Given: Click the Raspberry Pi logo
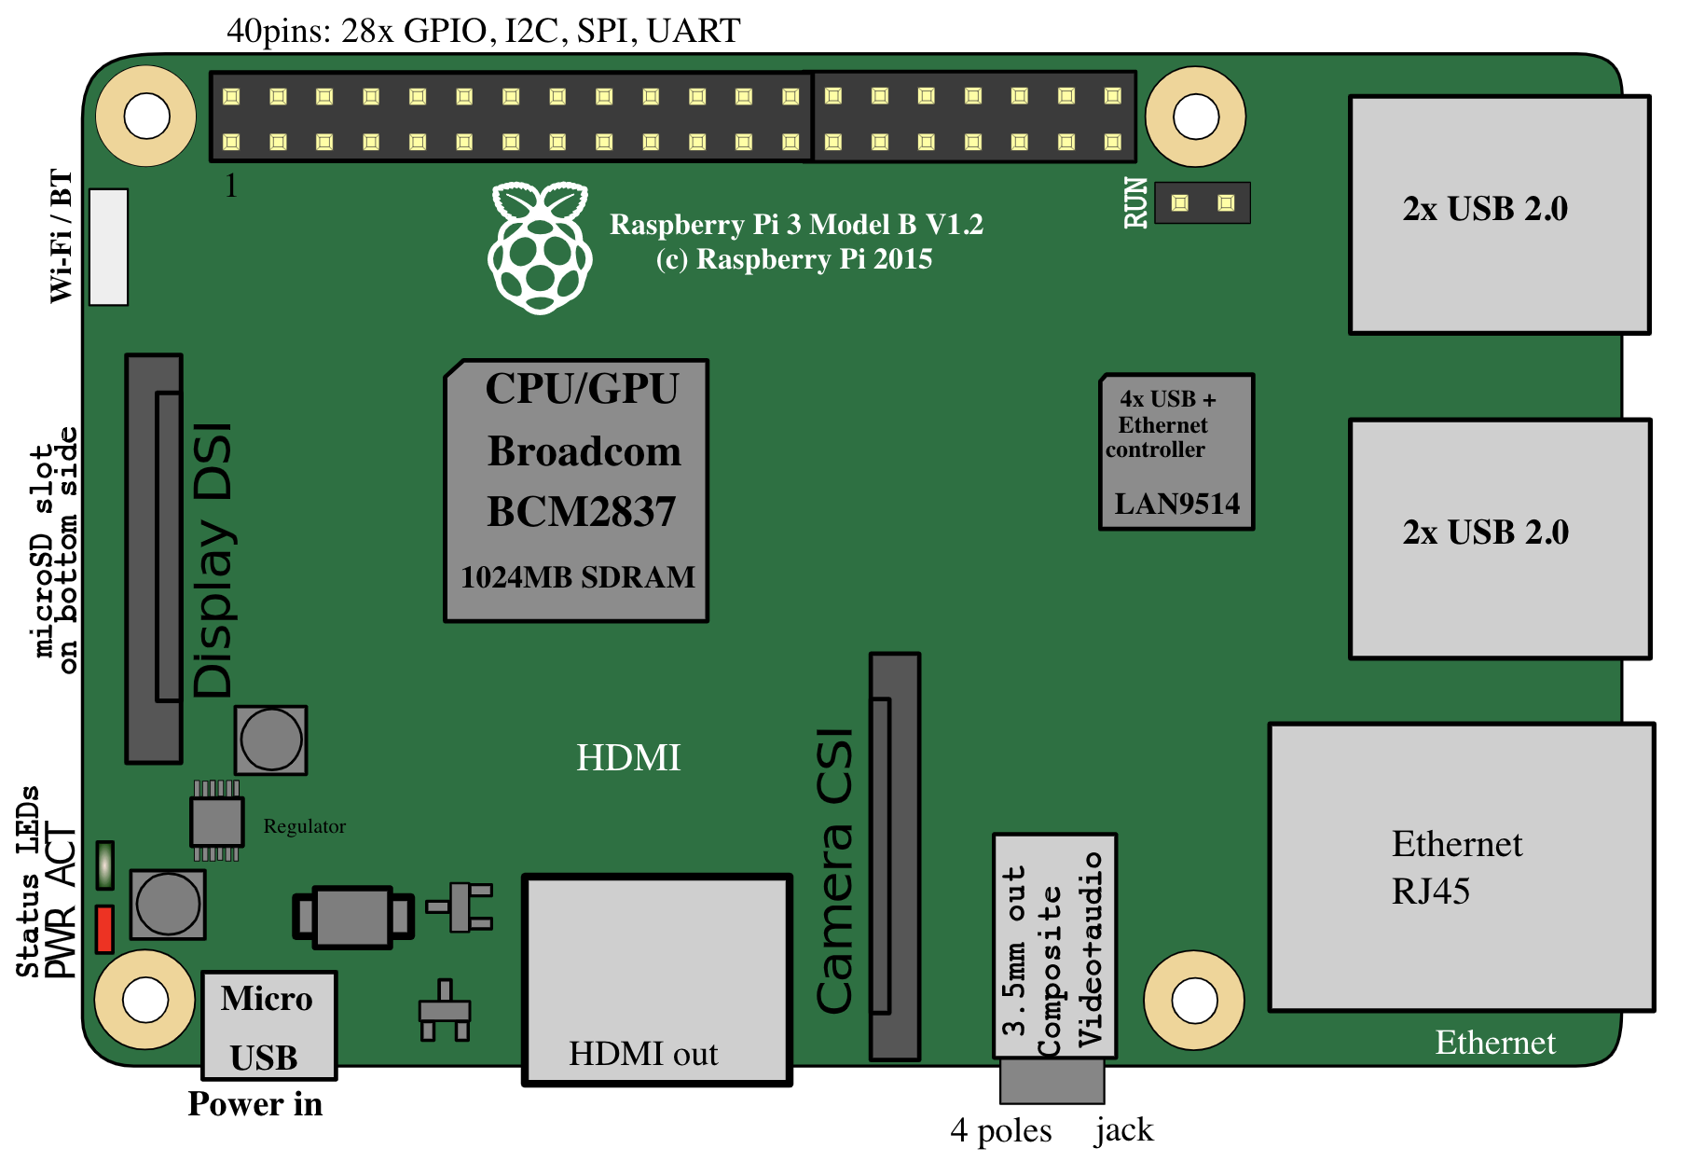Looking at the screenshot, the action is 540,247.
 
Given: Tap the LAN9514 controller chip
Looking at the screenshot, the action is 1176,452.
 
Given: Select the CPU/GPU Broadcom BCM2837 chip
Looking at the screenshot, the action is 576,491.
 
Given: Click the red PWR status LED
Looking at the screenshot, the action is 104,929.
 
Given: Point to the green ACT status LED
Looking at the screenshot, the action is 105,865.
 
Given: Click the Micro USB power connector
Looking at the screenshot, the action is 269,1026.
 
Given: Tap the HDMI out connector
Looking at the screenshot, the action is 657,980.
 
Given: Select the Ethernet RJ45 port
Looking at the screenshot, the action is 1462,867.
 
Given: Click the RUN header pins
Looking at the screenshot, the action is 1203,202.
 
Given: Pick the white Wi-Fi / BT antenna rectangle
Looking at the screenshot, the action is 108,247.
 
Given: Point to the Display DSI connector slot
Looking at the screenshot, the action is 155,559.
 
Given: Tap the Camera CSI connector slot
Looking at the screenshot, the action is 895,856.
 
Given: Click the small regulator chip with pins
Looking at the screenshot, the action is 216,821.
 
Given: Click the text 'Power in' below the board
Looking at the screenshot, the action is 255,1104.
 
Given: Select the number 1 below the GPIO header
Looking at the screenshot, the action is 231,187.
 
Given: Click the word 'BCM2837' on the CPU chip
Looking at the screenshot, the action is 581,512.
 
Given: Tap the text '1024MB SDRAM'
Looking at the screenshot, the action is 578,577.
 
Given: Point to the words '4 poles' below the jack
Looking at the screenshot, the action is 1001,1131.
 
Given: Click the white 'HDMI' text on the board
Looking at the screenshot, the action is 628,758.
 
